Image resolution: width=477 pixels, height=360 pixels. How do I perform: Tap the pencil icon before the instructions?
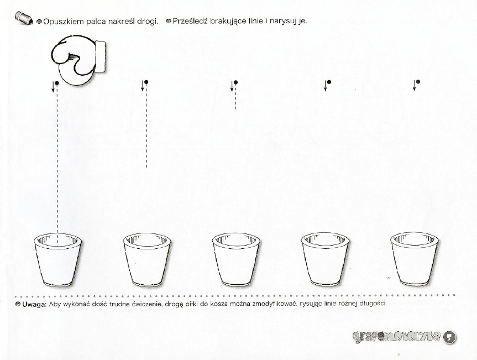(x=24, y=19)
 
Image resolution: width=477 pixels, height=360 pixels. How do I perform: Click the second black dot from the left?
(x=146, y=82)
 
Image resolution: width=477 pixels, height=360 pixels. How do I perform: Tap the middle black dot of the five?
(x=235, y=82)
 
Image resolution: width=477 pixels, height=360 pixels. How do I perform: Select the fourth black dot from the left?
(x=328, y=82)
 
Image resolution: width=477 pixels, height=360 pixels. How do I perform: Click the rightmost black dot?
(x=418, y=82)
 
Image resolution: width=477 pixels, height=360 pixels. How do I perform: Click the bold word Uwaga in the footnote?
(x=34, y=304)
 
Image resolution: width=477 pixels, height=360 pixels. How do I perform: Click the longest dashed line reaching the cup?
(x=57, y=166)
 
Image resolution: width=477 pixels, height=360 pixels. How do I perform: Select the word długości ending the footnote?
(x=374, y=304)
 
